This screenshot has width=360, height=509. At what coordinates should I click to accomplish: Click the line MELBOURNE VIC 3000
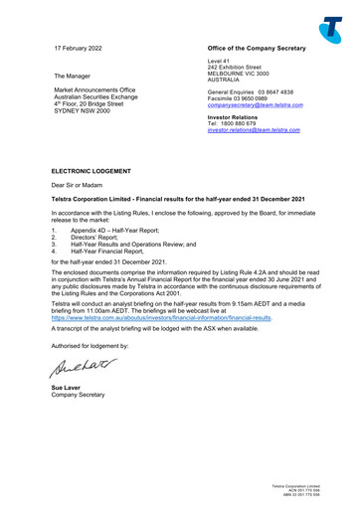pyautogui.click(x=235, y=73)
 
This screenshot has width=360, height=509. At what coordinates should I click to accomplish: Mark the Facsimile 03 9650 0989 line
pyautogui.click(x=231, y=97)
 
